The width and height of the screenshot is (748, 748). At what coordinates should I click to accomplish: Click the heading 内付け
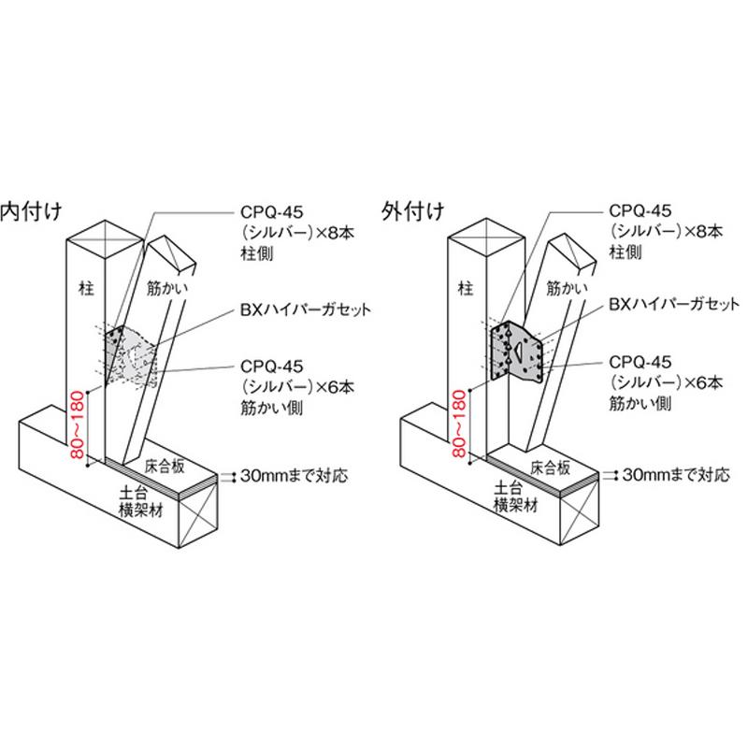point(31,211)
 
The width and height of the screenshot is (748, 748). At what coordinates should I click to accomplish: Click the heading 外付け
point(413,210)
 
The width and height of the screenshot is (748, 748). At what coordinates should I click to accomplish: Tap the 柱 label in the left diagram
point(86,288)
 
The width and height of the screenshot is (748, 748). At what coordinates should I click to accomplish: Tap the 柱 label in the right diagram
point(466,288)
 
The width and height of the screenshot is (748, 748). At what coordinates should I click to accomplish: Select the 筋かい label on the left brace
point(167,288)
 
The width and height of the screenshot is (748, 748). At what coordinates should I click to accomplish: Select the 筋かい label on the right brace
point(567,288)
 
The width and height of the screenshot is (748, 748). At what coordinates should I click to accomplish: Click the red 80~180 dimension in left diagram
point(77,424)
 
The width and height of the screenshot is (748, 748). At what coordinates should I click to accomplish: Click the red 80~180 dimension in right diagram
point(458,424)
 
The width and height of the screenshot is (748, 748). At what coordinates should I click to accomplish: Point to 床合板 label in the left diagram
point(165,466)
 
